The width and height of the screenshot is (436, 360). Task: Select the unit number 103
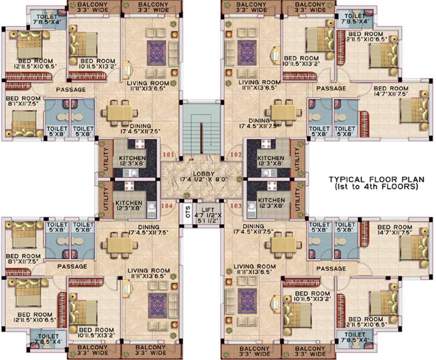click(x=235, y=205)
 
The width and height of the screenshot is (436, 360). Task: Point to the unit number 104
click(x=167, y=205)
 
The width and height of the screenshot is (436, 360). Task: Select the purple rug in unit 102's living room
click(x=247, y=52)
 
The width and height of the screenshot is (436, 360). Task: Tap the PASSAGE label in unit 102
click(x=331, y=88)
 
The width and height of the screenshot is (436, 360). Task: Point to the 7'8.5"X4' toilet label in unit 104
click(x=48, y=339)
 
